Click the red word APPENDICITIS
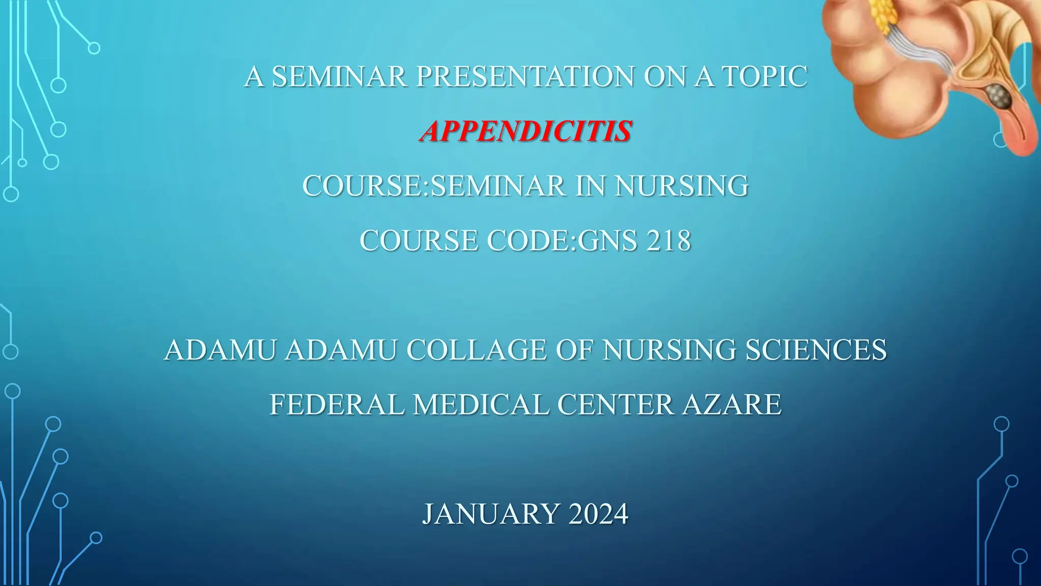pos(526,131)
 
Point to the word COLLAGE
pos(476,350)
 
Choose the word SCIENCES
pos(816,350)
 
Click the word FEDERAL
pos(336,405)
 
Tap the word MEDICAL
pos(481,405)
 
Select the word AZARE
pos(731,405)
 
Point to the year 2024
pos(598,514)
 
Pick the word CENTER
pos(615,405)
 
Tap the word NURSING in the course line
pos(681,186)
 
